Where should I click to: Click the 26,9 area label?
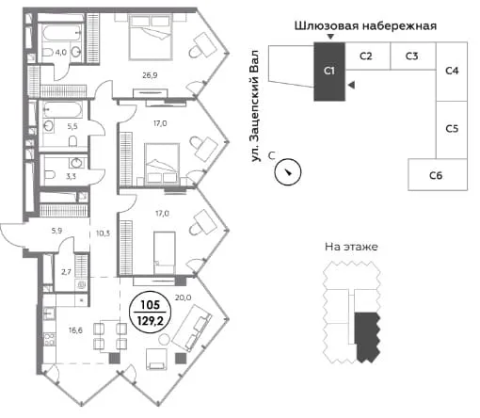pyautogui.click(x=150, y=75)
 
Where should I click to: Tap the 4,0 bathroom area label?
pyautogui.click(x=61, y=53)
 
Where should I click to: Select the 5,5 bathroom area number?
pyautogui.click(x=72, y=126)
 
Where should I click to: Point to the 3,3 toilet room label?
pyautogui.click(x=71, y=176)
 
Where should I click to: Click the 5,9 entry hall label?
pyautogui.click(x=56, y=231)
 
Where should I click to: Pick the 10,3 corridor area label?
pyautogui.click(x=103, y=233)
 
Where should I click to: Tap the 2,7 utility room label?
pyautogui.click(x=66, y=272)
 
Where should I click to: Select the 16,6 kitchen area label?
pyautogui.click(x=75, y=330)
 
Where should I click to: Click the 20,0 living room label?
pyautogui.click(x=184, y=297)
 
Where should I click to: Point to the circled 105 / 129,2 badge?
pyautogui.click(x=151, y=312)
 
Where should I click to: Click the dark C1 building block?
pyautogui.click(x=329, y=72)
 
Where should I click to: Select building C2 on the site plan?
pyautogui.click(x=367, y=56)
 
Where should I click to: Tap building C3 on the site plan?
pyautogui.click(x=413, y=56)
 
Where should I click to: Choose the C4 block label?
pyautogui.click(x=452, y=71)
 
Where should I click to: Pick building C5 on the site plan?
pyautogui.click(x=452, y=129)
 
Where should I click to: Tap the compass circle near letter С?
pyautogui.click(x=288, y=172)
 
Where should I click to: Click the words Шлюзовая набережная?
pyautogui.click(x=365, y=25)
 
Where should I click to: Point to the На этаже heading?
pyautogui.click(x=351, y=247)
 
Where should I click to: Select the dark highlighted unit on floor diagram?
pyautogui.click(x=366, y=336)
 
